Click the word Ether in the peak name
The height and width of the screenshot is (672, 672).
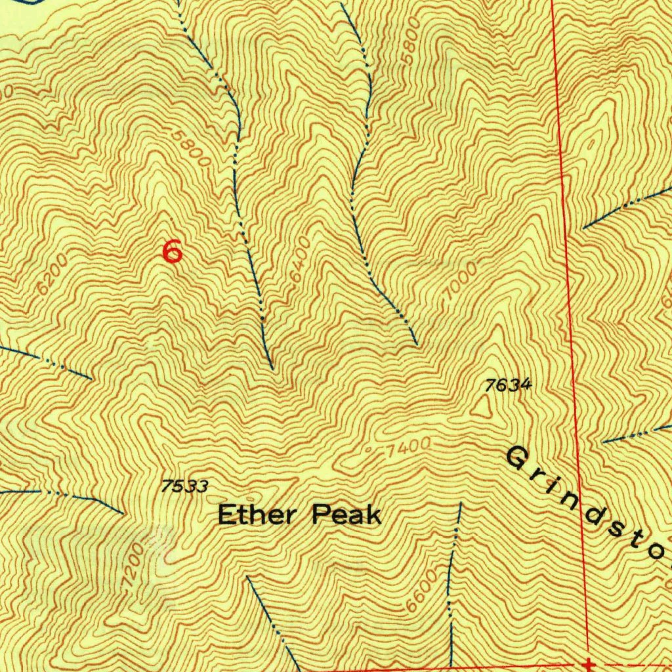click(x=257, y=514)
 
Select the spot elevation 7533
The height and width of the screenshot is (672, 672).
click(x=184, y=486)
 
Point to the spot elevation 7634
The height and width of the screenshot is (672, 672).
click(x=507, y=385)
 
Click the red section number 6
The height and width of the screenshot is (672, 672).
click(x=172, y=251)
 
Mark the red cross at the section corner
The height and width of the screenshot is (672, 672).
click(x=589, y=664)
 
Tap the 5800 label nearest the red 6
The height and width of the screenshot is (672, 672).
click(x=194, y=148)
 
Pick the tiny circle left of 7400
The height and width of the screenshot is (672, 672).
click(x=369, y=450)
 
